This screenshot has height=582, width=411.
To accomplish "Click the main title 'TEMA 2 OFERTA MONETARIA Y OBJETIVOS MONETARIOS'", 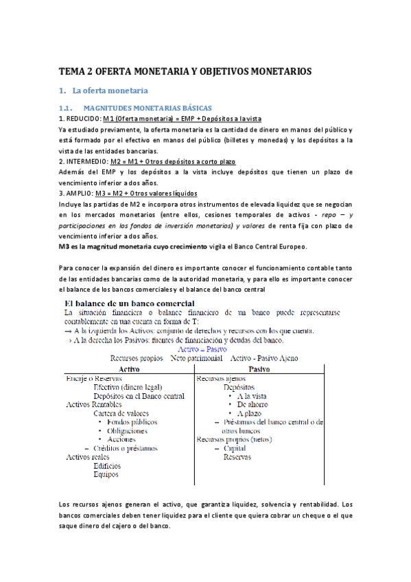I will coord(185,71).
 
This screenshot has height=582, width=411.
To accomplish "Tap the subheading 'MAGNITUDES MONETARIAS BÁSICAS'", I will coord(148,108).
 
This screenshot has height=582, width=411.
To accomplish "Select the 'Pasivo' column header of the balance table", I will coord(261,369).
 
